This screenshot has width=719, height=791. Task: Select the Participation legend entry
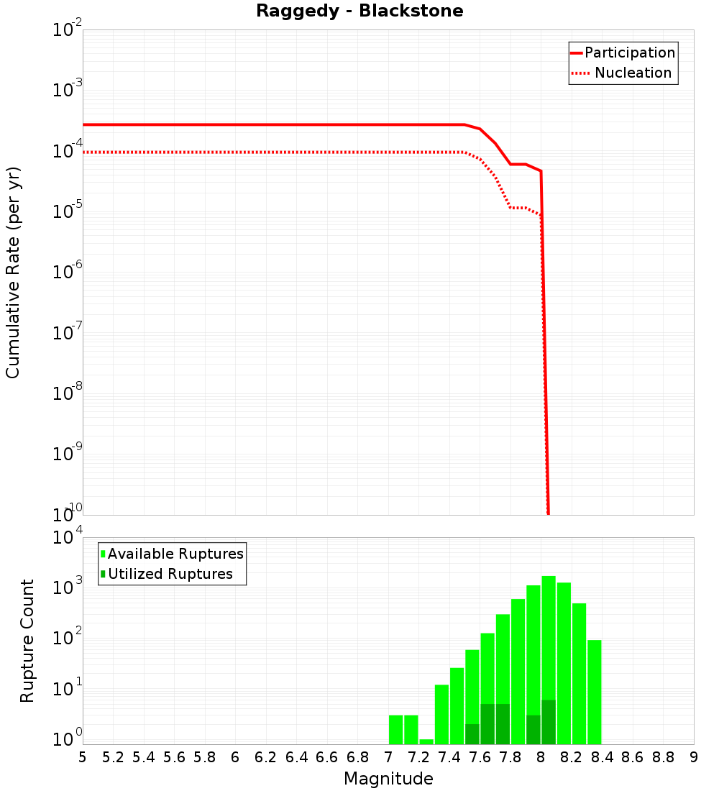click(629, 53)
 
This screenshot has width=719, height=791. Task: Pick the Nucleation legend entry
click(632, 73)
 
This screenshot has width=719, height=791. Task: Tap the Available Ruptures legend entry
click(175, 554)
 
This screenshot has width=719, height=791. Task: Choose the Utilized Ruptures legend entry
click(170, 574)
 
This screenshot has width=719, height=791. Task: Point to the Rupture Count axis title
click(27, 641)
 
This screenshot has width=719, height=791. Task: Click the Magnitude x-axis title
click(388, 779)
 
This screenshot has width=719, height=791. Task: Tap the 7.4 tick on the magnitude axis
click(449, 757)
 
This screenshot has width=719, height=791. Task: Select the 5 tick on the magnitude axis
click(83, 757)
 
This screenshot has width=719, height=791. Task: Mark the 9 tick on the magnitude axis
click(694, 757)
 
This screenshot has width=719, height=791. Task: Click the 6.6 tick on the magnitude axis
click(327, 757)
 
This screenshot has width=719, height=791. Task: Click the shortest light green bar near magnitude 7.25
click(426, 741)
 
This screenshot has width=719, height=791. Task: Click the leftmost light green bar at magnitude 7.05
click(395, 729)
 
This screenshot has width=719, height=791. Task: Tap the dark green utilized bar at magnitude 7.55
click(472, 734)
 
